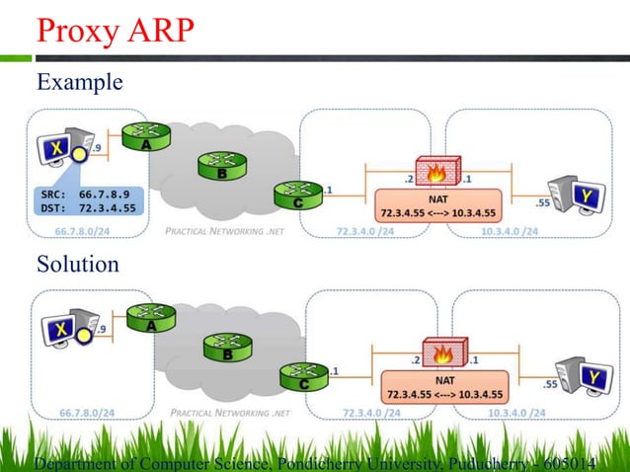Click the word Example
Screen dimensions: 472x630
pyautogui.click(x=80, y=83)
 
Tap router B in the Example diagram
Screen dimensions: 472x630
pyautogui.click(x=219, y=165)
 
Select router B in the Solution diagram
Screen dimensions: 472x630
pyautogui.click(x=225, y=347)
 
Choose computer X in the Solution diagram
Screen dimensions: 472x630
pyautogui.click(x=64, y=330)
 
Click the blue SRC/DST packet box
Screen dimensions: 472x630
pyautogui.click(x=87, y=201)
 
